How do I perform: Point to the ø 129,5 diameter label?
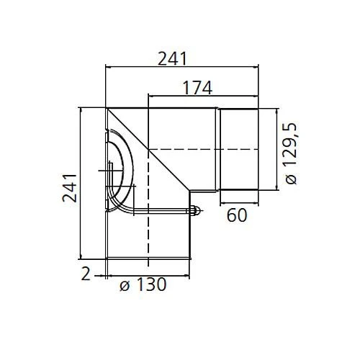tap(292, 152)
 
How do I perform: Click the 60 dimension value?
tap(238, 215)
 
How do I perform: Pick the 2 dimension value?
tap(85, 274)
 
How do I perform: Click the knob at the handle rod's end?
tap(193, 212)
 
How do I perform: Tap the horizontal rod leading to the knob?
tap(162, 212)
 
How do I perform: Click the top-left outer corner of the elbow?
tap(106, 109)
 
